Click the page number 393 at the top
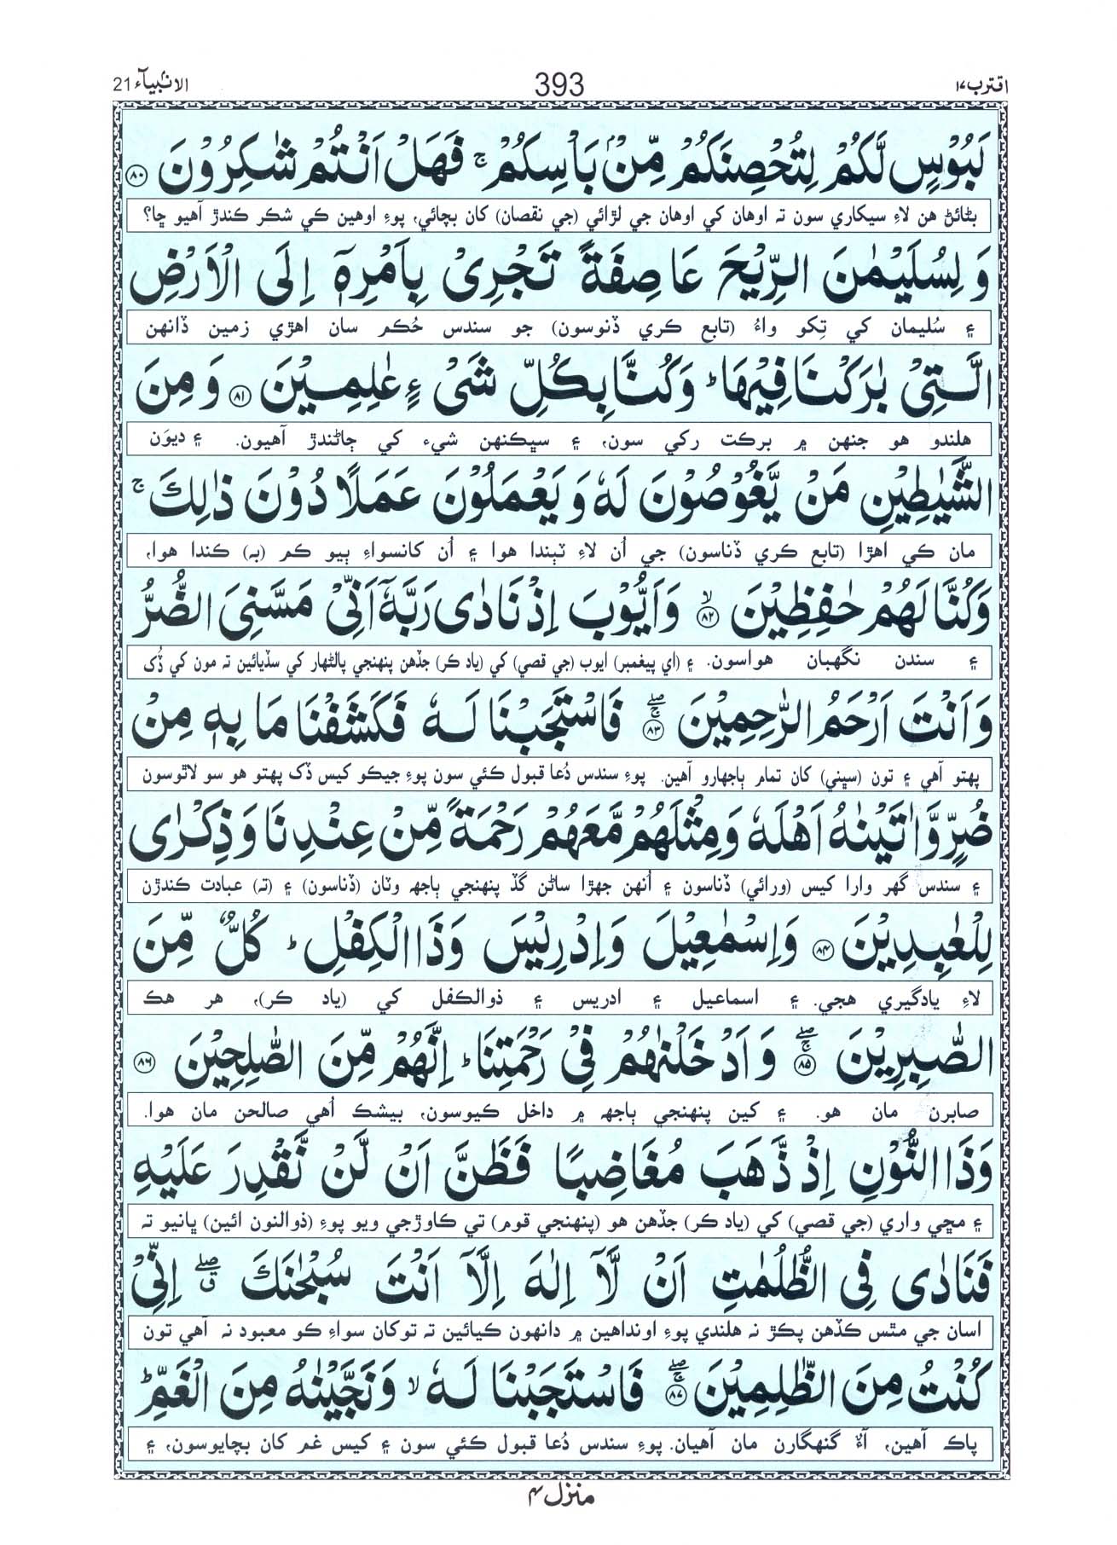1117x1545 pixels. (558, 85)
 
